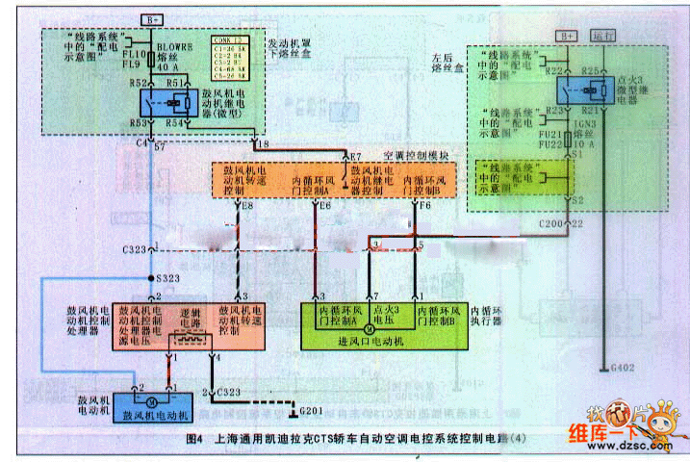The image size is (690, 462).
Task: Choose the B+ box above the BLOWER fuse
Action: pos(154,20)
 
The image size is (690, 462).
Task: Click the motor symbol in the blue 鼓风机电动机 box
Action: pos(152,398)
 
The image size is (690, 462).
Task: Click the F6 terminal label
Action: pos(424,205)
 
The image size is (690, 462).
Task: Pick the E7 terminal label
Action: pos(354,155)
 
